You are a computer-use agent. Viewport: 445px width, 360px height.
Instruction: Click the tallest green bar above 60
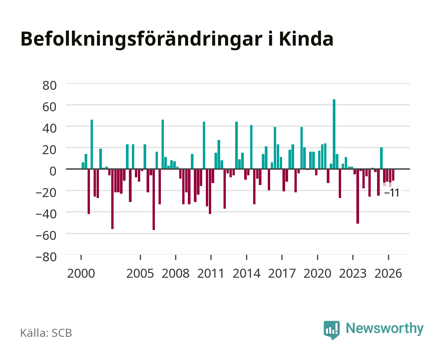point(334,134)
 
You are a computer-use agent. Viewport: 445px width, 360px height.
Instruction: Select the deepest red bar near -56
point(154,199)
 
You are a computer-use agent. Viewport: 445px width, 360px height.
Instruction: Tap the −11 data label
point(391,193)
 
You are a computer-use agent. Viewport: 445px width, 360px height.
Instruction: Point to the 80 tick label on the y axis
point(50,86)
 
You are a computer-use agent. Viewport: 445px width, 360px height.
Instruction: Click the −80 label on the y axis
point(46,257)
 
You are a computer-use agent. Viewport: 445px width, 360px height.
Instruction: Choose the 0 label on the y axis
point(53,171)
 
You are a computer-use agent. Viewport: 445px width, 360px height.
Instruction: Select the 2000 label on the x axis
point(81,273)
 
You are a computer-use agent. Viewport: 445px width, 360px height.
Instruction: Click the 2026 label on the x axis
point(388,273)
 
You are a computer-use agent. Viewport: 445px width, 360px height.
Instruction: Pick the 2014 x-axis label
point(246,273)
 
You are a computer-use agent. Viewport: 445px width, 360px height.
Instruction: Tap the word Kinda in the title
point(306,39)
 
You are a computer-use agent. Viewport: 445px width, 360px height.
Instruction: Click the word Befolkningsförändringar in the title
point(142,40)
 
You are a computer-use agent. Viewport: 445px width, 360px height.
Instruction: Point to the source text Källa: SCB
point(46,333)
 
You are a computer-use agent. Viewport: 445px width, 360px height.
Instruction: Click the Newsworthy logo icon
point(331,330)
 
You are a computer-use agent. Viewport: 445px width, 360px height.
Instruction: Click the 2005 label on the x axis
point(140,273)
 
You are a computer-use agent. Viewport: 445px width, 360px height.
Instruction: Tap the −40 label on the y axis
point(46,214)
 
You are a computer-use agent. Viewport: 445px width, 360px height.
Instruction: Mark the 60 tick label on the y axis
point(50,107)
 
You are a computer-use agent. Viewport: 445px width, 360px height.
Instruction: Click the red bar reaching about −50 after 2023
point(358,196)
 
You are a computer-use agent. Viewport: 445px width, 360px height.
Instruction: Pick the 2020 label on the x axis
point(317,273)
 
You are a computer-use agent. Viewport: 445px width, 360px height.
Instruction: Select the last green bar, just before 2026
point(381,158)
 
